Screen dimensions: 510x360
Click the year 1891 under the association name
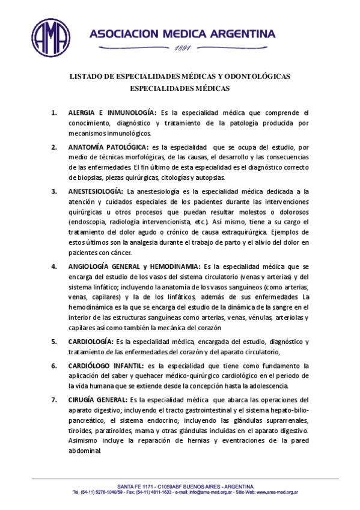click(x=182, y=48)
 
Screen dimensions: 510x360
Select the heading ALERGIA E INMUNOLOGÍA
click(x=112, y=112)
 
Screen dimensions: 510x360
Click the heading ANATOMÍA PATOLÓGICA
click(x=109, y=147)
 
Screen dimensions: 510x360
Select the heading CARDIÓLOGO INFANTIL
click(x=106, y=366)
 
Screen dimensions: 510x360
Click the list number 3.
click(x=54, y=191)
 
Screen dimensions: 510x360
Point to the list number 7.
click(x=54, y=399)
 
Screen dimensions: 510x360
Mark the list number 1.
click(x=54, y=112)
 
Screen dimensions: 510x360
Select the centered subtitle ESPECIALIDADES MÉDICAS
click(x=180, y=88)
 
